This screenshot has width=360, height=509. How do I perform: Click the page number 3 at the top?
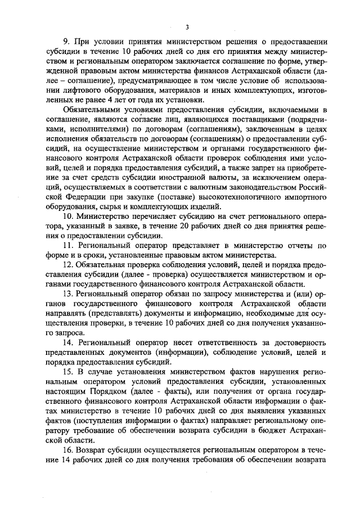186,26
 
